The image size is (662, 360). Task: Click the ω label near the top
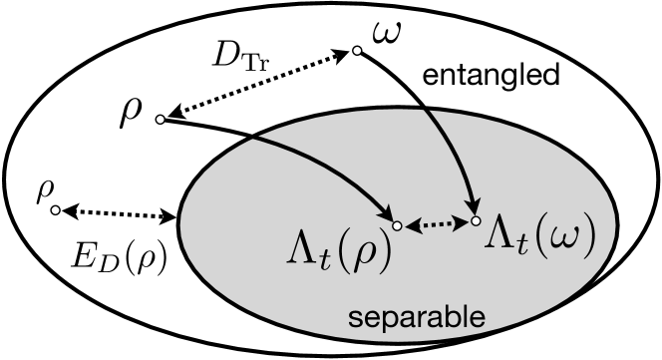[x=386, y=34]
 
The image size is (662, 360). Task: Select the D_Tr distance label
[x=240, y=57]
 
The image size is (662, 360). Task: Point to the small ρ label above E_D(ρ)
[x=43, y=190]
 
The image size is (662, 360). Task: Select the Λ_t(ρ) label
[x=333, y=255]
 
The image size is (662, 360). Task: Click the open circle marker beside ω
[x=355, y=49]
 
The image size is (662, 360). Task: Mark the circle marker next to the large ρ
[x=160, y=119]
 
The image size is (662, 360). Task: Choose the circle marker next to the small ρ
[x=56, y=210]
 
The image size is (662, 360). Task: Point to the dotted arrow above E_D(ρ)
[x=116, y=213]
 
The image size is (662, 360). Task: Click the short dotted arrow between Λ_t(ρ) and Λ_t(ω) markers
[x=436, y=223]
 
